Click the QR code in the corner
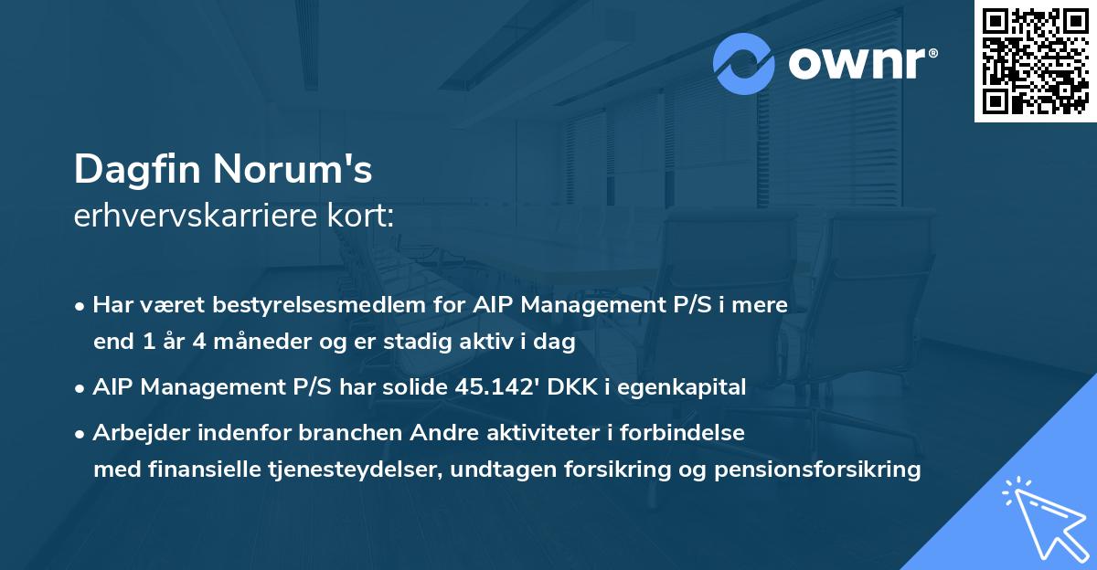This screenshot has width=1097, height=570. pyautogui.click(x=1035, y=61)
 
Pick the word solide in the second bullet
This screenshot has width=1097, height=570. pyautogui.click(x=416, y=387)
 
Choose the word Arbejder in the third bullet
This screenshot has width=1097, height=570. pyautogui.click(x=134, y=432)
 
